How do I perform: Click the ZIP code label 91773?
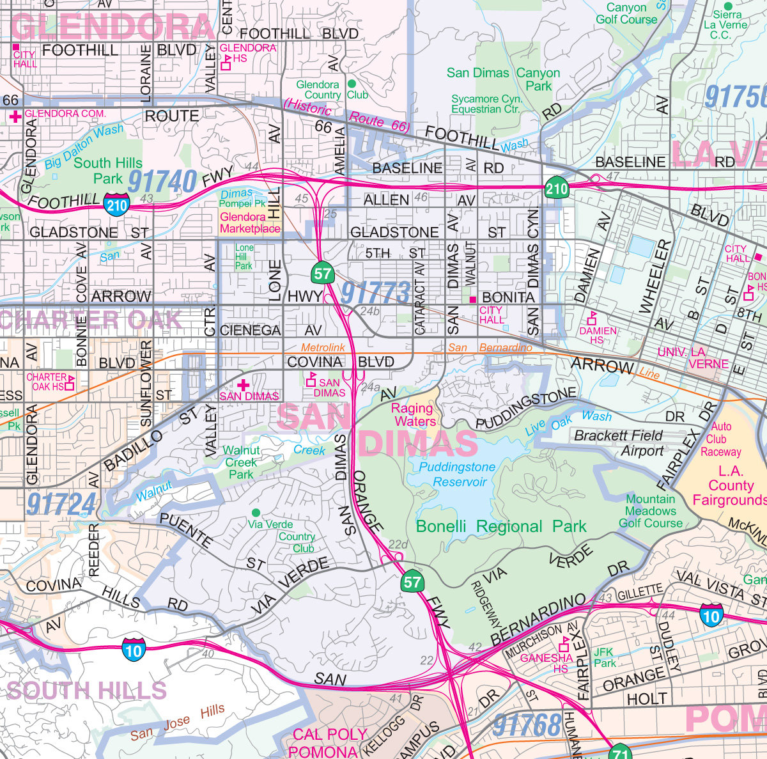375,293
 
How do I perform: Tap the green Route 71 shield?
619,752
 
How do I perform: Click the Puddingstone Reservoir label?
457,474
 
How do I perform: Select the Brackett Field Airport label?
618,443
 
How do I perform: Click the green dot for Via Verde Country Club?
256,513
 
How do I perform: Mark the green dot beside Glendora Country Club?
352,84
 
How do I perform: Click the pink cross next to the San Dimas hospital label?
243,385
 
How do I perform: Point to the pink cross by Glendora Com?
15,116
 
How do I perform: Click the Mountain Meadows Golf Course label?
651,511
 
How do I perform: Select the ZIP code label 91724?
61,504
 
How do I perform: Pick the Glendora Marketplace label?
250,223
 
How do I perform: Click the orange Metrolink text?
323,347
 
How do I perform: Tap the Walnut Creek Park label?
241,462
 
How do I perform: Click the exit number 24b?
369,311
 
